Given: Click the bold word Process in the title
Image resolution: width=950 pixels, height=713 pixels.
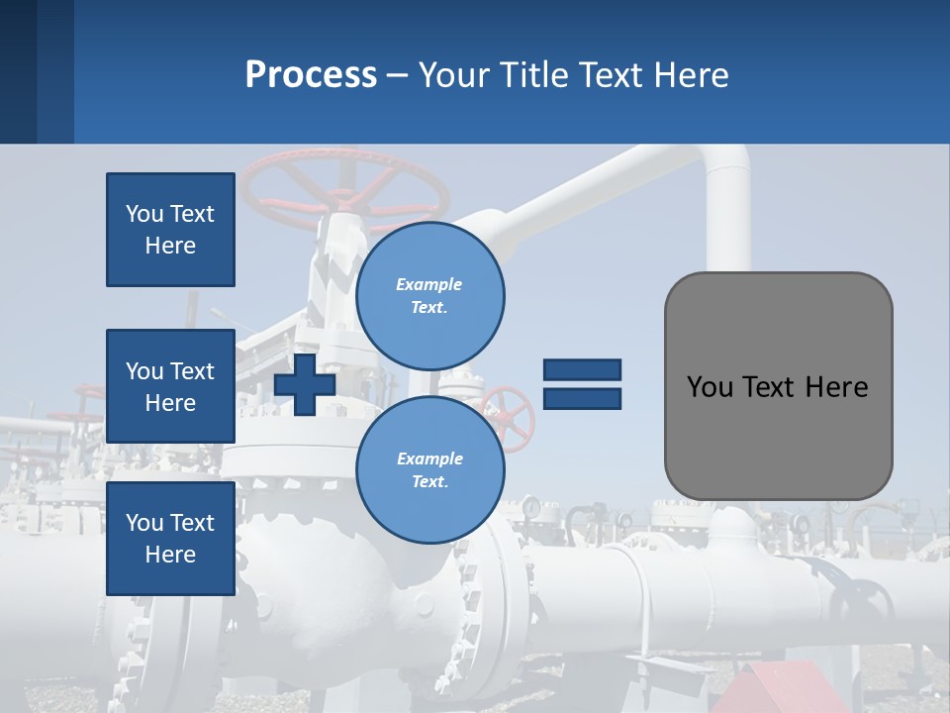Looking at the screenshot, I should tap(311, 74).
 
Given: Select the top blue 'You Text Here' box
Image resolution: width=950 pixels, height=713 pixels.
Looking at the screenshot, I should tap(170, 230).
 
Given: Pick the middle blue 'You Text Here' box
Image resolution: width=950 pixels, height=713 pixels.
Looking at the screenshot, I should tap(170, 386).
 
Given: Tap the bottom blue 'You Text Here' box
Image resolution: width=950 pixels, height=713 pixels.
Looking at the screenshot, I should tap(170, 539).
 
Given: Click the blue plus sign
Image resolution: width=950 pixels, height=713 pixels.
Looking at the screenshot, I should tap(305, 385).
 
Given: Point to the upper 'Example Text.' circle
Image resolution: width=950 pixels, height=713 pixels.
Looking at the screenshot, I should tap(430, 296).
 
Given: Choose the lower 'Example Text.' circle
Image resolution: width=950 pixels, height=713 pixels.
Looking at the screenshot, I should tap(430, 470).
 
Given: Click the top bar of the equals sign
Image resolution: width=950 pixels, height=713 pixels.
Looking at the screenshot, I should tap(583, 369).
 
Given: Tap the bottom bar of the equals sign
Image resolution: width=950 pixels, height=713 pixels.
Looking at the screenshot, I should tap(583, 398).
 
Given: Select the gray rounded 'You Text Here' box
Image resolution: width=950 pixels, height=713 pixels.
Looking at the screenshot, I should tap(778, 386).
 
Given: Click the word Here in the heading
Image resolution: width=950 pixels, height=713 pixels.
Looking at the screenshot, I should tap(690, 74).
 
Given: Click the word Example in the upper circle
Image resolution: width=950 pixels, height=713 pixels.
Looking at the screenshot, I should tap(429, 284).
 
